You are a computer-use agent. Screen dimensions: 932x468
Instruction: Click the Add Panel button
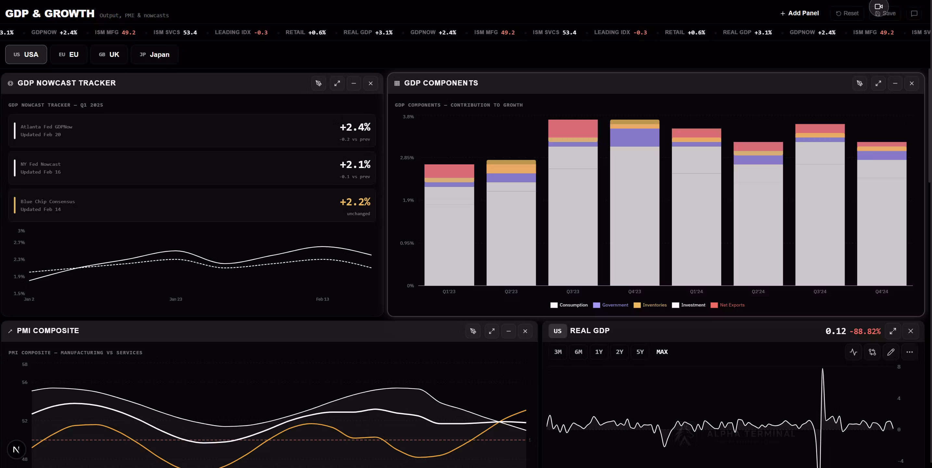click(x=799, y=13)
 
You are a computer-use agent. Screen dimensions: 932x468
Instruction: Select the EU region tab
click(x=69, y=54)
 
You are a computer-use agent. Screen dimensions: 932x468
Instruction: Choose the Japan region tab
click(x=155, y=54)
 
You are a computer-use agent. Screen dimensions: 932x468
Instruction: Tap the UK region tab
click(x=109, y=54)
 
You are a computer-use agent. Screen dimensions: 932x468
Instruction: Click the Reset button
click(x=847, y=13)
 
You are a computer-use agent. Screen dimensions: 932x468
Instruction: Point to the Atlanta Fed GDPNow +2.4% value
click(x=355, y=127)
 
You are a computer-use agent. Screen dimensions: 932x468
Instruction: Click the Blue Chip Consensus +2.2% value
click(x=355, y=202)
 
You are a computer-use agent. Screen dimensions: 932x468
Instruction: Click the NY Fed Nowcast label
click(x=41, y=164)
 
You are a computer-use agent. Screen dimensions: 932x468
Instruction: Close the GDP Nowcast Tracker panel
click(x=371, y=83)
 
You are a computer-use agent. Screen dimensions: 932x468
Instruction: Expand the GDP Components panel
click(x=878, y=83)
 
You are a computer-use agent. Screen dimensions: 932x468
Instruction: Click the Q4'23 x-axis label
click(x=634, y=292)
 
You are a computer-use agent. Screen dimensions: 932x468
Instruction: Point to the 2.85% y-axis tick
click(x=407, y=158)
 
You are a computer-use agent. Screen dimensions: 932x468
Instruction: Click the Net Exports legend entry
click(x=728, y=305)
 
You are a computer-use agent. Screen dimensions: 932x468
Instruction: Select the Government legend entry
click(x=611, y=305)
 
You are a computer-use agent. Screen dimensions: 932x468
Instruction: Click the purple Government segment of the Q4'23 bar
click(x=635, y=137)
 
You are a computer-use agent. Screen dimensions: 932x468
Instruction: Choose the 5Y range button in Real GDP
click(x=640, y=352)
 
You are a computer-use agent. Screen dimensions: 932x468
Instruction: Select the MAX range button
click(x=662, y=352)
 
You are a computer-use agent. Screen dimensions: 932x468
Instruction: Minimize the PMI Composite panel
click(x=508, y=331)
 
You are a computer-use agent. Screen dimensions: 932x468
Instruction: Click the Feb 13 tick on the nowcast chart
click(x=322, y=299)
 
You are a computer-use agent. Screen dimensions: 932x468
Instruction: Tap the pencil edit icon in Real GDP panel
click(x=891, y=352)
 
